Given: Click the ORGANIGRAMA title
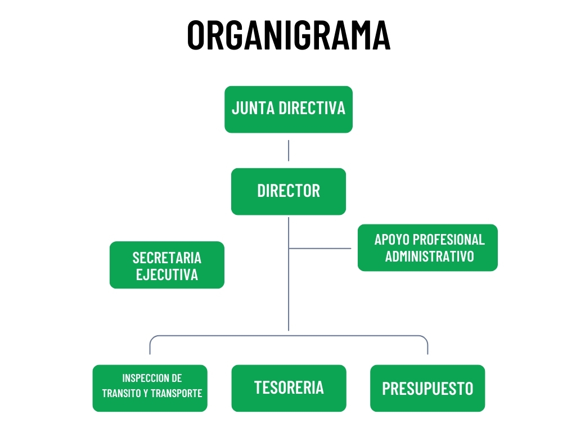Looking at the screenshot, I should click(288, 35).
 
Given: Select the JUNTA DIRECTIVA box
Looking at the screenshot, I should click(288, 109).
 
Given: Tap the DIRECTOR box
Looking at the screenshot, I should click(288, 191).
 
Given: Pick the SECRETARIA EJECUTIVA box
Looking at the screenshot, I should click(166, 265).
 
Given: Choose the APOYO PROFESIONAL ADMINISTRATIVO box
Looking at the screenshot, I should click(427, 247).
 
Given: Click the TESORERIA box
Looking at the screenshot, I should click(289, 388).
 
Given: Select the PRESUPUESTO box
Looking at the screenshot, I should click(427, 388).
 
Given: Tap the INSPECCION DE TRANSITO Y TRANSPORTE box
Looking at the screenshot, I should click(150, 388).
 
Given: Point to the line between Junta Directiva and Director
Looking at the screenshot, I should click(289, 151).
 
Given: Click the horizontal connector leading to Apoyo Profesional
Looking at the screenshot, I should click(321, 248).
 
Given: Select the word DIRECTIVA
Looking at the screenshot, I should click(312, 108).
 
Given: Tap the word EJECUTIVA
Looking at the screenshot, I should click(166, 274).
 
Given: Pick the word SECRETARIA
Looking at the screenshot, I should click(166, 258).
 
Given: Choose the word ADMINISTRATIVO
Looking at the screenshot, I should click(429, 256).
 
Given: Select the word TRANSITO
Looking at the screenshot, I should click(121, 393).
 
